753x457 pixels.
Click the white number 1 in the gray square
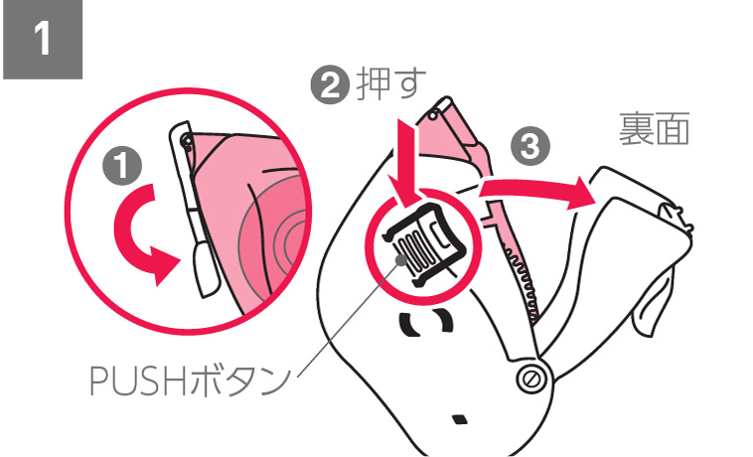pos(43,39)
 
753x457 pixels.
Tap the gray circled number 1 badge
pos(122,166)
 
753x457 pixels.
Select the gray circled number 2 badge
pos(330,85)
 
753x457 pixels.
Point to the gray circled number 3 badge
pos(530,145)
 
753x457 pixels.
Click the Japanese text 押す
pos(391,84)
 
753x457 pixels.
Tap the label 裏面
pos(654,128)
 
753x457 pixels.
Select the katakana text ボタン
pos(239,381)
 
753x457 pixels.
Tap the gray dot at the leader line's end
pos(401,259)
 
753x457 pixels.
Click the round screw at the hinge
pos(531,380)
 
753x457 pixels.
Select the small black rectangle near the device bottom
pos(460,419)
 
